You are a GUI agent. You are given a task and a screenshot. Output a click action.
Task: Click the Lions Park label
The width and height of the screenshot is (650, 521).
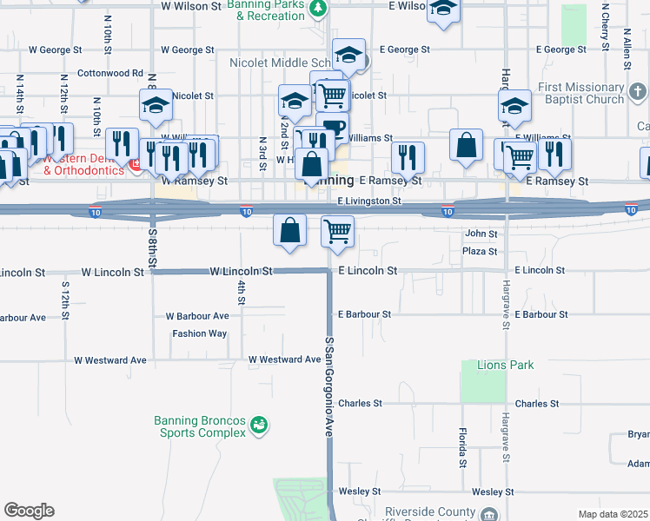[505, 366]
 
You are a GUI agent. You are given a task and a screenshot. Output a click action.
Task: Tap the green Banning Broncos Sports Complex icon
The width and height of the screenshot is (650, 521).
[258, 425]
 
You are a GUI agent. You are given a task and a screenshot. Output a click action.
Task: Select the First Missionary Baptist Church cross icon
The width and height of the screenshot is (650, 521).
[637, 91]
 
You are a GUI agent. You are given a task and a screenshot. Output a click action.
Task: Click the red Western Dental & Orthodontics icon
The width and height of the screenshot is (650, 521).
[135, 164]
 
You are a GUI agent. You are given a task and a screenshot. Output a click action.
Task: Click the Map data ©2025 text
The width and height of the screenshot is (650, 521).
[613, 514]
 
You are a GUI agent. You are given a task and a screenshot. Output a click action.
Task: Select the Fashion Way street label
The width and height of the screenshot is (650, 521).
[199, 333]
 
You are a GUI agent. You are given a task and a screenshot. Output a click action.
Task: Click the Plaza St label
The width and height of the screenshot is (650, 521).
[480, 252]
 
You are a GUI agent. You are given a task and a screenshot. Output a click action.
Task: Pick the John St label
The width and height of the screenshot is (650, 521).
[481, 234]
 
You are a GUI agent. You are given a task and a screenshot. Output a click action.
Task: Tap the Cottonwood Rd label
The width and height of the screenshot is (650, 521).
[110, 73]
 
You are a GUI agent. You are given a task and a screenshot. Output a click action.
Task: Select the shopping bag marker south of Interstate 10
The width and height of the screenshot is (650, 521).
[290, 231]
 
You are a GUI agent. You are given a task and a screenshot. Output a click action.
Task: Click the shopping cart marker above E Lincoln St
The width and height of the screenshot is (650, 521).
[337, 231]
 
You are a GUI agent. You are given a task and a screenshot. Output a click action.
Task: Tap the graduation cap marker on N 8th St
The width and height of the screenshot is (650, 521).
[156, 105]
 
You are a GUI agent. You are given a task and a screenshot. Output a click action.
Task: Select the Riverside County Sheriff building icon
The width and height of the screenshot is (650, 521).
[489, 515]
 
